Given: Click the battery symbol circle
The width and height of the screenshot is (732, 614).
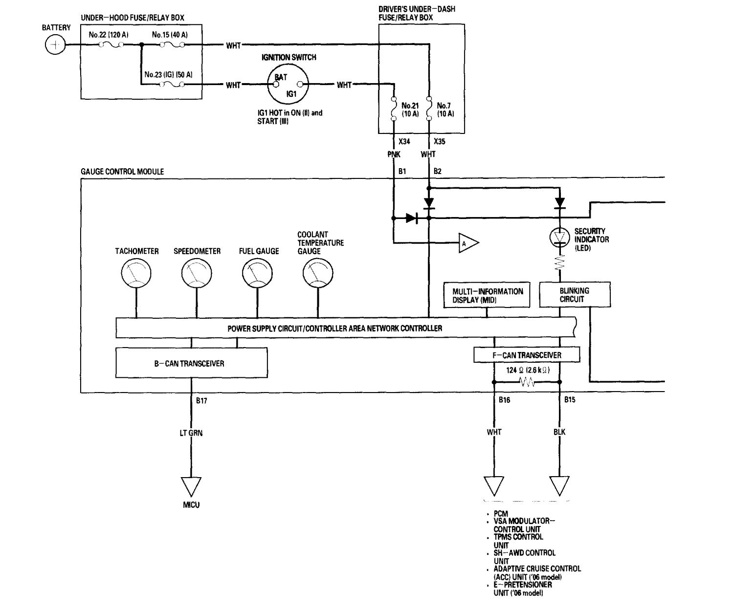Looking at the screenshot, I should [x=55, y=45].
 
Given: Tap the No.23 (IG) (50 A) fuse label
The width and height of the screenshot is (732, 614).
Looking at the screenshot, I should [x=168, y=75].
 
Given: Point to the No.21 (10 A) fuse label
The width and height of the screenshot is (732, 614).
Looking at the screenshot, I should [x=410, y=110].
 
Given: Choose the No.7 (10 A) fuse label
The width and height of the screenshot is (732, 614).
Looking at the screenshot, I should [x=445, y=110].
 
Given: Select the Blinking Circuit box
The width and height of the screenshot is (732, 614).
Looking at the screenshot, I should [x=575, y=295].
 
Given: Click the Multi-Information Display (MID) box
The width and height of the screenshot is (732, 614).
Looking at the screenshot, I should [x=487, y=295].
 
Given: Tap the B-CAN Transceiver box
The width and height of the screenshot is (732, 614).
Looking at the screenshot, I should [x=191, y=363].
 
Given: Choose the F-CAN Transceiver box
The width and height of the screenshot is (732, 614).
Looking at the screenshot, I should [x=527, y=355].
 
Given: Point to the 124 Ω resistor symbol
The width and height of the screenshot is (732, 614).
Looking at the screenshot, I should [x=527, y=382].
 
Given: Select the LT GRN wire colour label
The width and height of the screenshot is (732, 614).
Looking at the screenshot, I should [x=191, y=433].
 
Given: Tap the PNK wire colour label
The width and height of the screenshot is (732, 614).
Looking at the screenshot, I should [x=394, y=154].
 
